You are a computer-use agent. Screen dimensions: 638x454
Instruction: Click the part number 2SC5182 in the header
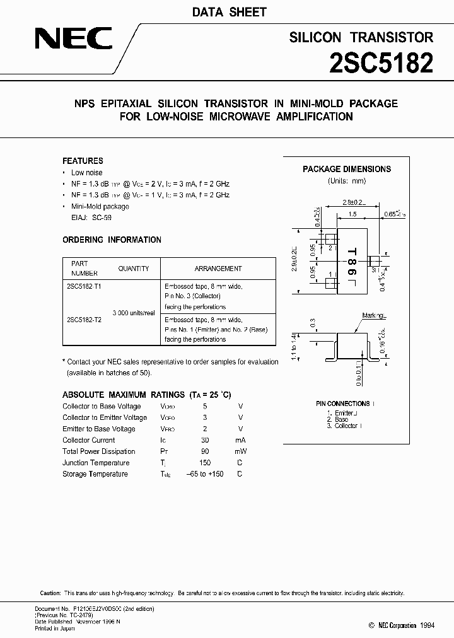[381, 63]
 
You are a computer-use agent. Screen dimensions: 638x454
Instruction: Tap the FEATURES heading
[83, 161]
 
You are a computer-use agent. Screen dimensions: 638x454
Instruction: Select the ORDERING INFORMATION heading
[112, 240]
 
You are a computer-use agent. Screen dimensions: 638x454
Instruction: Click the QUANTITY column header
[133, 269]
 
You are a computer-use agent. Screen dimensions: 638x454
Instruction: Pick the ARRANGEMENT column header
[218, 269]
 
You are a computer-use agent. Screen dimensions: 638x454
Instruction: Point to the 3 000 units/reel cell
[134, 313]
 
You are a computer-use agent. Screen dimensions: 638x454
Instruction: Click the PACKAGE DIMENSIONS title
[347, 169]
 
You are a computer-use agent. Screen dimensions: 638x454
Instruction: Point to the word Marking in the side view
[374, 315]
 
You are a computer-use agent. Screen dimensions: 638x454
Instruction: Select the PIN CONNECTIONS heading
[343, 403]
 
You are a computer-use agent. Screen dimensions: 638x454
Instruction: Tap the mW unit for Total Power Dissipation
[240, 451]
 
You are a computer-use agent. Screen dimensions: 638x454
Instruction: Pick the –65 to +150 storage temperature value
[206, 474]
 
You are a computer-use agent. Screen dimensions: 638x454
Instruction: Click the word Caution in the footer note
[50, 594]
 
